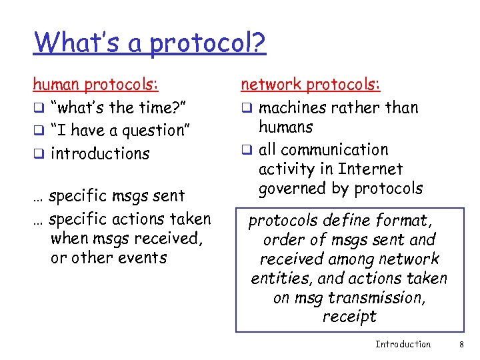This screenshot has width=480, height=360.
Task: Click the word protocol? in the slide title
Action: [207, 44]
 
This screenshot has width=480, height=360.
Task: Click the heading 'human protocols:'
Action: [96, 85]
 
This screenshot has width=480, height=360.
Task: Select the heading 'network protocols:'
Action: [310, 85]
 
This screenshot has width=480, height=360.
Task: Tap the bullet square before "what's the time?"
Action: [38, 108]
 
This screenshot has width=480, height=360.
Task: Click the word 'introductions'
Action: [100, 153]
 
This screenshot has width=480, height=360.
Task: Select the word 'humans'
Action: [285, 127]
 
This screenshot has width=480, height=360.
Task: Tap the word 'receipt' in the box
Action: [349, 317]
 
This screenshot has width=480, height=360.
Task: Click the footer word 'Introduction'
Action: [403, 344]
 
